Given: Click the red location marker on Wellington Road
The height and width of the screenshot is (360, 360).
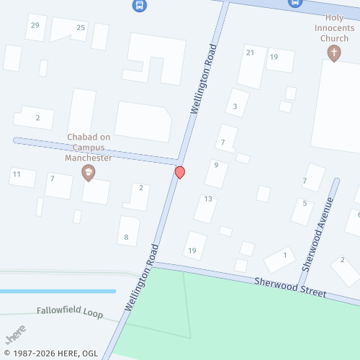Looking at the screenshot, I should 180,173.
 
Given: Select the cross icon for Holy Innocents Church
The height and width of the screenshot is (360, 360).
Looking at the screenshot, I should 333,53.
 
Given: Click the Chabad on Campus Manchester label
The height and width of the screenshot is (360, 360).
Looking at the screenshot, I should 89,147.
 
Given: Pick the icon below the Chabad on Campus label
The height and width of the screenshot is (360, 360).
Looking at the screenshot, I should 89,171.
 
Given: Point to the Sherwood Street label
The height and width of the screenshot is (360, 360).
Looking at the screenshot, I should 289,288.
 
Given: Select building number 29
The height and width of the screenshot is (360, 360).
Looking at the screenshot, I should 34,26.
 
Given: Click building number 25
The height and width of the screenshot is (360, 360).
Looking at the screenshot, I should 81,28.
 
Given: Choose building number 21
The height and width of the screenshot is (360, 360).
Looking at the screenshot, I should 251,53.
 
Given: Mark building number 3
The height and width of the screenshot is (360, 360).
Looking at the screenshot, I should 235,107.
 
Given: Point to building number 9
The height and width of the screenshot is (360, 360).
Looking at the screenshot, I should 216,165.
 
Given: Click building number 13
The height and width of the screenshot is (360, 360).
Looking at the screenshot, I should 207,199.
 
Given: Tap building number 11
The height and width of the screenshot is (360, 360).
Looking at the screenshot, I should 15,174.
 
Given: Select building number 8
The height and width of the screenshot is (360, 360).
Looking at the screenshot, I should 127,237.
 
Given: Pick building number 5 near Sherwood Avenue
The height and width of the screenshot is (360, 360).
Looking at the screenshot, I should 305,203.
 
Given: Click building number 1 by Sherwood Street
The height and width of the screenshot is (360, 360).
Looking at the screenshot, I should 285,255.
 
